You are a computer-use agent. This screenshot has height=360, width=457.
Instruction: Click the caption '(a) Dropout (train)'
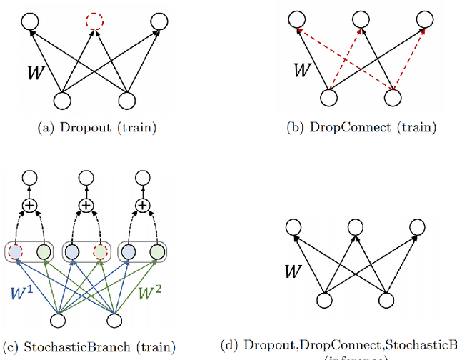click(x=93, y=129)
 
